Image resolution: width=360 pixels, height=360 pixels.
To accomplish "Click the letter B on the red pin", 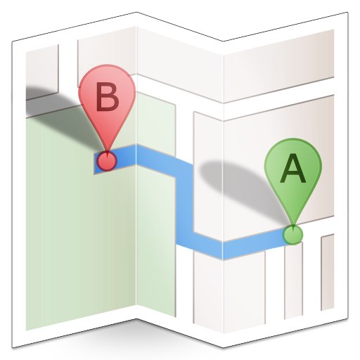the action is (x=108, y=96).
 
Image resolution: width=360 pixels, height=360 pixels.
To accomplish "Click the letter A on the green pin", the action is (x=293, y=168).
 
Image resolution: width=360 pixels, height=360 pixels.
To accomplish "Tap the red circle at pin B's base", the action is (x=107, y=161).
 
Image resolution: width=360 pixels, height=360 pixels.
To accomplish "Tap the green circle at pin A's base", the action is (x=292, y=235).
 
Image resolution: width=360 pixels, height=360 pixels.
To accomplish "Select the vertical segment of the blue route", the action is (x=185, y=204).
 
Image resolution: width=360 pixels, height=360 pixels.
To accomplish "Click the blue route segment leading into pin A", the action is (x=255, y=244).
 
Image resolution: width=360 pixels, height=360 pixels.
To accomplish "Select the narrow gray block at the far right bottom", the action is (x=328, y=272).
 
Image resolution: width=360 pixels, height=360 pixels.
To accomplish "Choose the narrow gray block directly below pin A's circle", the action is (x=293, y=281).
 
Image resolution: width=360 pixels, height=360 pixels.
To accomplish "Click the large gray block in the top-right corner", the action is (x=279, y=65).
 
